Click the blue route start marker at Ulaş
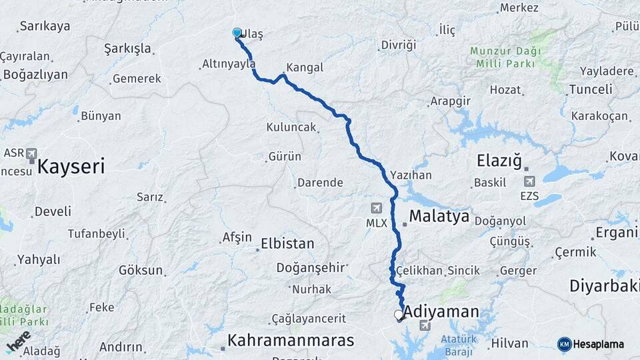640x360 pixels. pos(237,33)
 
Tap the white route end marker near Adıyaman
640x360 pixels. pos(399,314)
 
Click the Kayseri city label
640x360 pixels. pos(71,166)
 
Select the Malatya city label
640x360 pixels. pos(439,216)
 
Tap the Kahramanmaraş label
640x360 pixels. pos(290,340)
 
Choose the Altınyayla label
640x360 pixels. pos(229,64)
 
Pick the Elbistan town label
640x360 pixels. pos(287,243)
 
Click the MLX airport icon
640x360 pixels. pos(377,208)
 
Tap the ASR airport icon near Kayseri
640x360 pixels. pos(31,155)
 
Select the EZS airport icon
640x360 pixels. pos(530,181)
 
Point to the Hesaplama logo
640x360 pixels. pos(591,344)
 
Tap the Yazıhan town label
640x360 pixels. pos(411,175)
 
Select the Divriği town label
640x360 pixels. pos(398,45)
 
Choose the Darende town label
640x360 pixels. pos(320,182)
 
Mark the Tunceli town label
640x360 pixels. pos(591,89)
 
